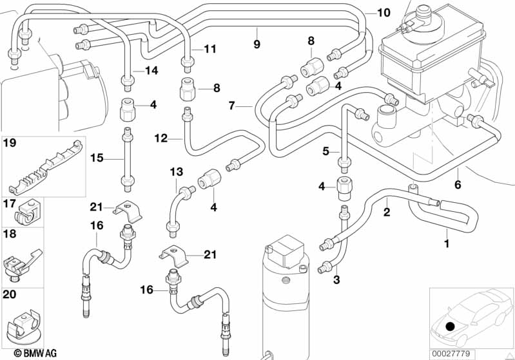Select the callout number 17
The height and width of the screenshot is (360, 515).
click(9, 204)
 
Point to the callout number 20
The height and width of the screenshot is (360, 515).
click(9, 294)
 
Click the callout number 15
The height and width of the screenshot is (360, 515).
click(97, 157)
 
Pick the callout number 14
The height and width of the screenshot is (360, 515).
click(151, 71)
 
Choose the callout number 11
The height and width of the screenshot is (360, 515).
click(211, 48)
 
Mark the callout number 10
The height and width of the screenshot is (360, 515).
click(384, 12)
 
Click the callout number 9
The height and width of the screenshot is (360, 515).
click(257, 44)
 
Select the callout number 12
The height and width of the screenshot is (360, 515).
click(160, 137)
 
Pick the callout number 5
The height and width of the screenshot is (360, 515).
click(326, 151)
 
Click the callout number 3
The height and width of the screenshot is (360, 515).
click(336, 279)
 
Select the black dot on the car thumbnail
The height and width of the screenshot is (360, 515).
click(450, 327)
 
